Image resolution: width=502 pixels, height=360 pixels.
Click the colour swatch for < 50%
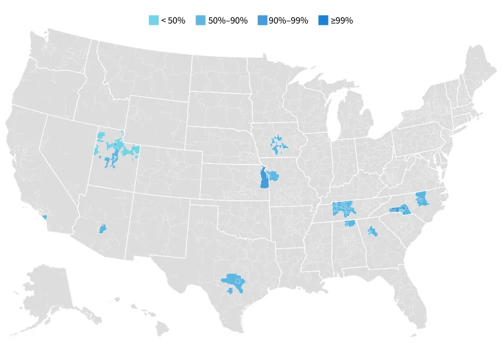coord(154,21)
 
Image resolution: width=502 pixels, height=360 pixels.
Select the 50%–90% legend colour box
coord(201,21)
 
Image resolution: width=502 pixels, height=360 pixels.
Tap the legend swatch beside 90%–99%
coord(263,21)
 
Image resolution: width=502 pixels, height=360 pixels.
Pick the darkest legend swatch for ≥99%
coord(323,21)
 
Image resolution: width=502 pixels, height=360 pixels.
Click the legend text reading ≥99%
coord(341,21)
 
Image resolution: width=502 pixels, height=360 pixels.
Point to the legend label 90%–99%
coord(288,21)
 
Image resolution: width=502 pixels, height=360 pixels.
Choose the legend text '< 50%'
coord(173,21)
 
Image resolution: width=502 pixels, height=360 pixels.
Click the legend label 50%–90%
coord(228,21)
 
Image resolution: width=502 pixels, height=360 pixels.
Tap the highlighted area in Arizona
coord(102,229)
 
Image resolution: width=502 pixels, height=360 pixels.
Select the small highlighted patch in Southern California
coord(44,217)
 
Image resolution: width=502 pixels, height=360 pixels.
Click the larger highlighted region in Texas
coord(234,280)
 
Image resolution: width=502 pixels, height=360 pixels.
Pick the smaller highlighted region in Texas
coord(230,291)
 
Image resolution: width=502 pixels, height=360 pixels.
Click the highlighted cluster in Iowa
coord(278,145)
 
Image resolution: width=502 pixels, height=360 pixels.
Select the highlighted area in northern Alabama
coord(350,224)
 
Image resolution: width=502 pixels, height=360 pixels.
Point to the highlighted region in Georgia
coord(372,232)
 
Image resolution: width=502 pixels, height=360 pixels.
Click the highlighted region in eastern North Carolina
coord(422,199)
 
